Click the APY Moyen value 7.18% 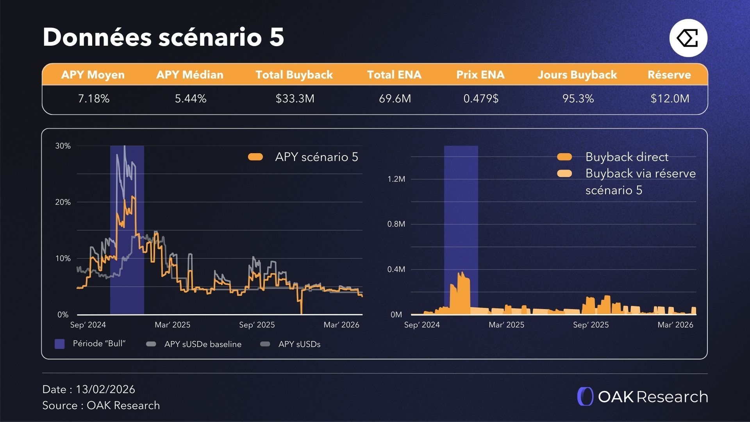click(94, 98)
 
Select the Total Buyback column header click(294, 75)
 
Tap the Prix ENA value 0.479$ click(481, 98)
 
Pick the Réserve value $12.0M click(670, 98)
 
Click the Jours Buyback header click(577, 75)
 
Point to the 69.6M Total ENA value click(395, 98)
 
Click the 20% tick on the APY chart click(63, 202)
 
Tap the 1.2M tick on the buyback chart click(396, 179)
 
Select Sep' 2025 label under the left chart click(257, 325)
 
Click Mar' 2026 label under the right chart click(675, 325)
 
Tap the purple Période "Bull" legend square click(59, 344)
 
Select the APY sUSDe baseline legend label click(202, 344)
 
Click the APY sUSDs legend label click(299, 344)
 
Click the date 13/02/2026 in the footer click(105, 389)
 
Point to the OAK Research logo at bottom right click(642, 397)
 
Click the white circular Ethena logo click(688, 38)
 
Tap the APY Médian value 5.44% click(191, 98)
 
